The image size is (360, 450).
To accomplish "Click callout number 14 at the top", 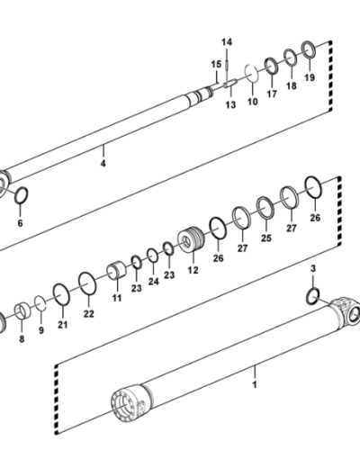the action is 227,42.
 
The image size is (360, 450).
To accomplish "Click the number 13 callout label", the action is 230,105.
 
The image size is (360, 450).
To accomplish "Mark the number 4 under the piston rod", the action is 103,164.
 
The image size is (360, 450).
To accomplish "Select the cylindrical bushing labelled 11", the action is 117,270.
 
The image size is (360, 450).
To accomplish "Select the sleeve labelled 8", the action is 22,311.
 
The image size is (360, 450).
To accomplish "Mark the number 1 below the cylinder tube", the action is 255,384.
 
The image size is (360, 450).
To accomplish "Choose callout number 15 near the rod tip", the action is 216,64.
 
